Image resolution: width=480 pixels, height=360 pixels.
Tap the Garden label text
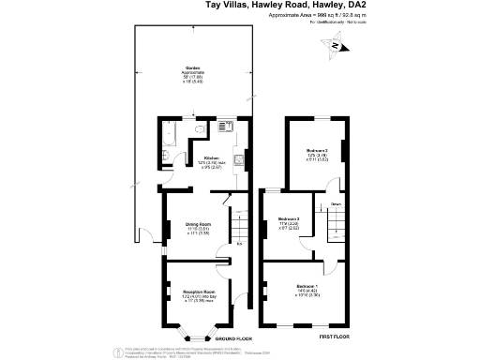click(193, 70)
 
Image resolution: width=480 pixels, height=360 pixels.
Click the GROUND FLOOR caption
click(233, 337)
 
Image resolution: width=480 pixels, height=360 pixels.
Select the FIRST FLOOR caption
click(335, 335)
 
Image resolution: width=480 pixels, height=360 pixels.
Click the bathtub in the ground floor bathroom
click(165, 142)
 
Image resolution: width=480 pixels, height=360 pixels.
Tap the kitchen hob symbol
click(240, 158)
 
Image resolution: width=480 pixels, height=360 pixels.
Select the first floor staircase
click(335, 221)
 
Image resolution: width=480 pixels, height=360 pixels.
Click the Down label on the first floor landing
click(335, 203)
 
